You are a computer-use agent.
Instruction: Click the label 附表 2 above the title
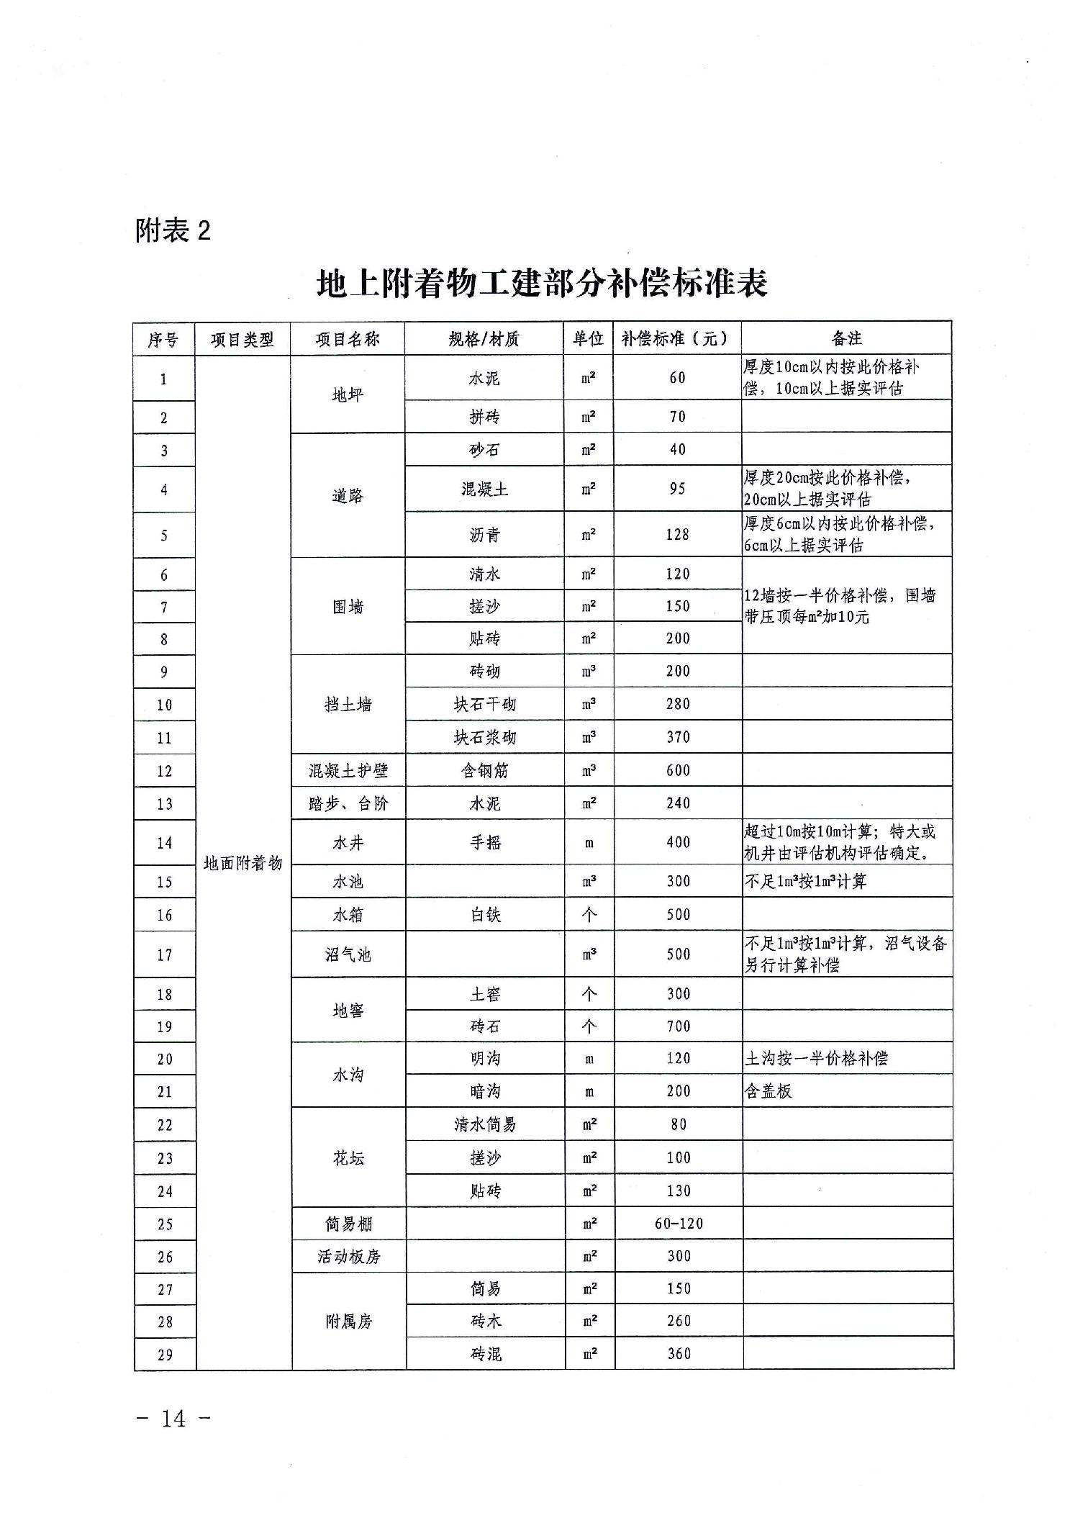click(173, 231)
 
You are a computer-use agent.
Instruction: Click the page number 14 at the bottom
click(173, 1418)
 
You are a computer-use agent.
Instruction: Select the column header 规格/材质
click(484, 339)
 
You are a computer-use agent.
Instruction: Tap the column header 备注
click(846, 338)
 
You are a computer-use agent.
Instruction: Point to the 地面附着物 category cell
click(243, 863)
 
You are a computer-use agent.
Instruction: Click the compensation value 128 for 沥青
click(678, 535)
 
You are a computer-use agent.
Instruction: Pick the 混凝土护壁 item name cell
click(348, 771)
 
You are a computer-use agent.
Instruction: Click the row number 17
click(165, 955)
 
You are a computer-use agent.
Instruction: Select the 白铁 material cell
click(486, 915)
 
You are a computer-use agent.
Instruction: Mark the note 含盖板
click(769, 1091)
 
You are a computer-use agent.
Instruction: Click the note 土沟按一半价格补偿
click(816, 1058)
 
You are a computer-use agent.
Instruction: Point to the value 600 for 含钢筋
click(678, 770)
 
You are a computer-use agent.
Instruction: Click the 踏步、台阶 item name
click(348, 803)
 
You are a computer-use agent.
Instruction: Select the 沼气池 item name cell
click(348, 955)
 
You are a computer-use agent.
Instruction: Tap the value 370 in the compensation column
click(678, 737)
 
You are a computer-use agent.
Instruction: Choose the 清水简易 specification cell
click(485, 1124)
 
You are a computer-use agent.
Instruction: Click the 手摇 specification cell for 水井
click(486, 842)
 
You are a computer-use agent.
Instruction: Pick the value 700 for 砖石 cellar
click(679, 1026)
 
